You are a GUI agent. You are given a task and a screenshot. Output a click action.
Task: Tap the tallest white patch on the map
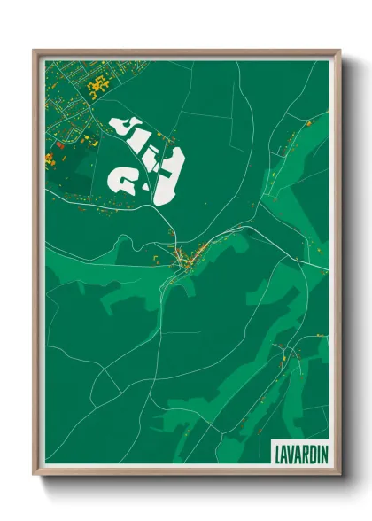[x=169, y=174]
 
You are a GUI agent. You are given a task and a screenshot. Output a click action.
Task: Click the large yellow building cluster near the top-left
[x=99, y=84]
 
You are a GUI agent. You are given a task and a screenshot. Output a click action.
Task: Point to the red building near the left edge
[x=59, y=144]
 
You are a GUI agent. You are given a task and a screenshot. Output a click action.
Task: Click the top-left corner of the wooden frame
[x=35, y=51]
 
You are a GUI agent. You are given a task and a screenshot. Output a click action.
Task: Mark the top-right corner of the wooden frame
[x=338, y=51]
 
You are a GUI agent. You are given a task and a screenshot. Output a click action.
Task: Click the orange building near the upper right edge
[x=307, y=123]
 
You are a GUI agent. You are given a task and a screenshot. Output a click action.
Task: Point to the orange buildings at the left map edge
[x=49, y=159]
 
